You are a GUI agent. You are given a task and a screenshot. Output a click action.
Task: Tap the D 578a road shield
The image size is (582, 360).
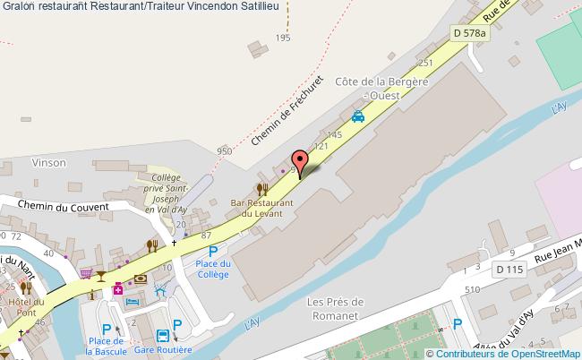469,32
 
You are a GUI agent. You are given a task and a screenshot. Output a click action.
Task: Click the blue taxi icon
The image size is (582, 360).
358,116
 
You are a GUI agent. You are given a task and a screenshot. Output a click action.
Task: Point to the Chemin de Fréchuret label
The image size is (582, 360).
286,116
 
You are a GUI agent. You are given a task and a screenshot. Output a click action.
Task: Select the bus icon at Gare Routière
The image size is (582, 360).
163,337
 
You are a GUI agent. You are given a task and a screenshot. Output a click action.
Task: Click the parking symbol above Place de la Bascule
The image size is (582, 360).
107,329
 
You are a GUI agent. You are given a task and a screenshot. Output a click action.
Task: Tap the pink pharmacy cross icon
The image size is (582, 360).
117,288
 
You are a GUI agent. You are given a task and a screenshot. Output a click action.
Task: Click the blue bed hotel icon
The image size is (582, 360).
132,302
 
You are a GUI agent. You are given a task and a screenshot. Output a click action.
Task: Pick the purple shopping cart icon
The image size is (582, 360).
86,273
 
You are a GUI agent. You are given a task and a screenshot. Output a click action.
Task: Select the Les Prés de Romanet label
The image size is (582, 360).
334,307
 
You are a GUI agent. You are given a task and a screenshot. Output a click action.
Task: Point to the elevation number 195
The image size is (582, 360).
283,38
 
